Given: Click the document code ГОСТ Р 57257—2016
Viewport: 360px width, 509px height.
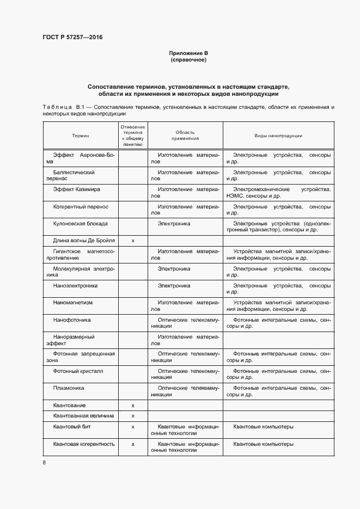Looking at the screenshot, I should tap(72, 38).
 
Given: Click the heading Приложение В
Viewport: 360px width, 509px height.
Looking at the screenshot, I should tap(188, 53).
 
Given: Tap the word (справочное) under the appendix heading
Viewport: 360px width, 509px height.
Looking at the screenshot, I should tap(188, 59).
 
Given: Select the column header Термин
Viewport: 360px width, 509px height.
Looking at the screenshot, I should tap(80, 135).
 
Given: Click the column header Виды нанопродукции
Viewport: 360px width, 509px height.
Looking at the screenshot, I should tap(278, 135).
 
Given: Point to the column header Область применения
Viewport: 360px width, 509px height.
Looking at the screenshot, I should tap(185, 135).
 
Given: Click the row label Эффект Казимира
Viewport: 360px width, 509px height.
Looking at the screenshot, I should tap(77, 189).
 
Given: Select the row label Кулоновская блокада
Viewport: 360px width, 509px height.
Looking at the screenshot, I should tap(80, 223).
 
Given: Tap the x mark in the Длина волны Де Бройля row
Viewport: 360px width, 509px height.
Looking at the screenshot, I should tap(133, 240).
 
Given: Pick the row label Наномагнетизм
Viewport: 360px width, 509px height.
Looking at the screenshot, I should tap(75, 302).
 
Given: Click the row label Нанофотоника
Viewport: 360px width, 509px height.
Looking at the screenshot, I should tap(72, 320).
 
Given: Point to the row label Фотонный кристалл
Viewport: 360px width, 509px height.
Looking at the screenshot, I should tap(78, 371).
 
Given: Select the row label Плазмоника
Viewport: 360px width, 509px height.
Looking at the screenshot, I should tap(68, 388).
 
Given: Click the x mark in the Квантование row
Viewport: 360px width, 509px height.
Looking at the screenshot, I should tap(133, 406).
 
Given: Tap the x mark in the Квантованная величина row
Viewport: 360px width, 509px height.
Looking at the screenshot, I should tap(133, 415).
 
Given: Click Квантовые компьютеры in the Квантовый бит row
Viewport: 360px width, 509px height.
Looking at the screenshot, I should tap(263, 426).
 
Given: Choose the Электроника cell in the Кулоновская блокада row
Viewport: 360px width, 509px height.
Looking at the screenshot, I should tap(174, 223).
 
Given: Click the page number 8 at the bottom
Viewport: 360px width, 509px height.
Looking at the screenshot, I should tap(44, 463).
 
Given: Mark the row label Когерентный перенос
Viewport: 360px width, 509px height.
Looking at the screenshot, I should tap(81, 206).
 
